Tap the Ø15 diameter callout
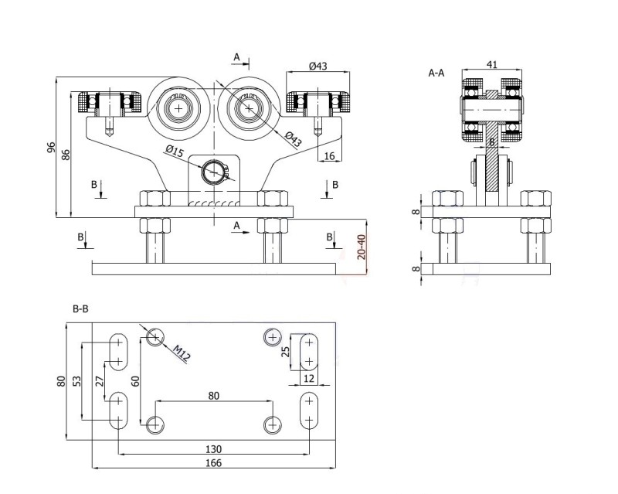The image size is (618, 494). [174, 151]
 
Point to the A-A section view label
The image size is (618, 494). [436, 73]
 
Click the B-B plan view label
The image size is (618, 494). [80, 308]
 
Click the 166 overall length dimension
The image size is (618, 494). [213, 462]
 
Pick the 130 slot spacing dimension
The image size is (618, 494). [213, 448]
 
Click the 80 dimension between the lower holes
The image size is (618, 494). [213, 395]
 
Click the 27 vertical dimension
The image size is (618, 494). [98, 380]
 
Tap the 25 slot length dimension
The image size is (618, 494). [285, 352]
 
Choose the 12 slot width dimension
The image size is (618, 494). [308, 379]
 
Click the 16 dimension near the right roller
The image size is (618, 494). [330, 156]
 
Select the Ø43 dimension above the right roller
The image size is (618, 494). [318, 66]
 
